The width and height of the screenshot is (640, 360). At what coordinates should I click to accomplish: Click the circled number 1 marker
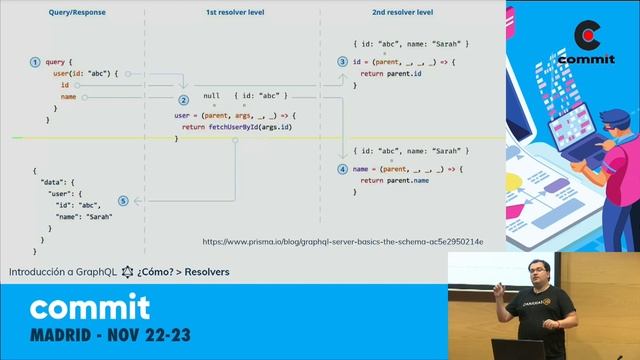click(x=35, y=62)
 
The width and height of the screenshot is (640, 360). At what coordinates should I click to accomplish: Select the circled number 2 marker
click(x=183, y=100)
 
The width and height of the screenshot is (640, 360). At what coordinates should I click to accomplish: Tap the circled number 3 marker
click(x=343, y=62)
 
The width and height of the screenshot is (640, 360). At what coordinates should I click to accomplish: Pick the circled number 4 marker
click(x=343, y=169)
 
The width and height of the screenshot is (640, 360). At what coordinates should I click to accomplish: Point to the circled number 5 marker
click(x=123, y=200)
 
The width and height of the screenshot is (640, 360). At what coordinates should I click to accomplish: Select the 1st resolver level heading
click(x=234, y=12)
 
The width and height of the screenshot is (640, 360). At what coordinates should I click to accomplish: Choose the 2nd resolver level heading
click(x=404, y=12)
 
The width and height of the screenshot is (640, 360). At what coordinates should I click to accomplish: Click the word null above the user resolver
click(x=211, y=95)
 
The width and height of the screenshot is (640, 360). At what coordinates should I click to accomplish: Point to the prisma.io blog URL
click(x=343, y=241)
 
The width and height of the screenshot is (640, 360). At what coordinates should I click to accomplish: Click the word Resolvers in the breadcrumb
click(x=206, y=271)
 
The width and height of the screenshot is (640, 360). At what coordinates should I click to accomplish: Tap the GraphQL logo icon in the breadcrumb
click(x=127, y=271)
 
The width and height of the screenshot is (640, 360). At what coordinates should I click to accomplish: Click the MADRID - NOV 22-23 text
click(x=110, y=333)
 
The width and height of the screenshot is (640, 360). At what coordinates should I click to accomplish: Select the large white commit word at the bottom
click(x=89, y=306)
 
